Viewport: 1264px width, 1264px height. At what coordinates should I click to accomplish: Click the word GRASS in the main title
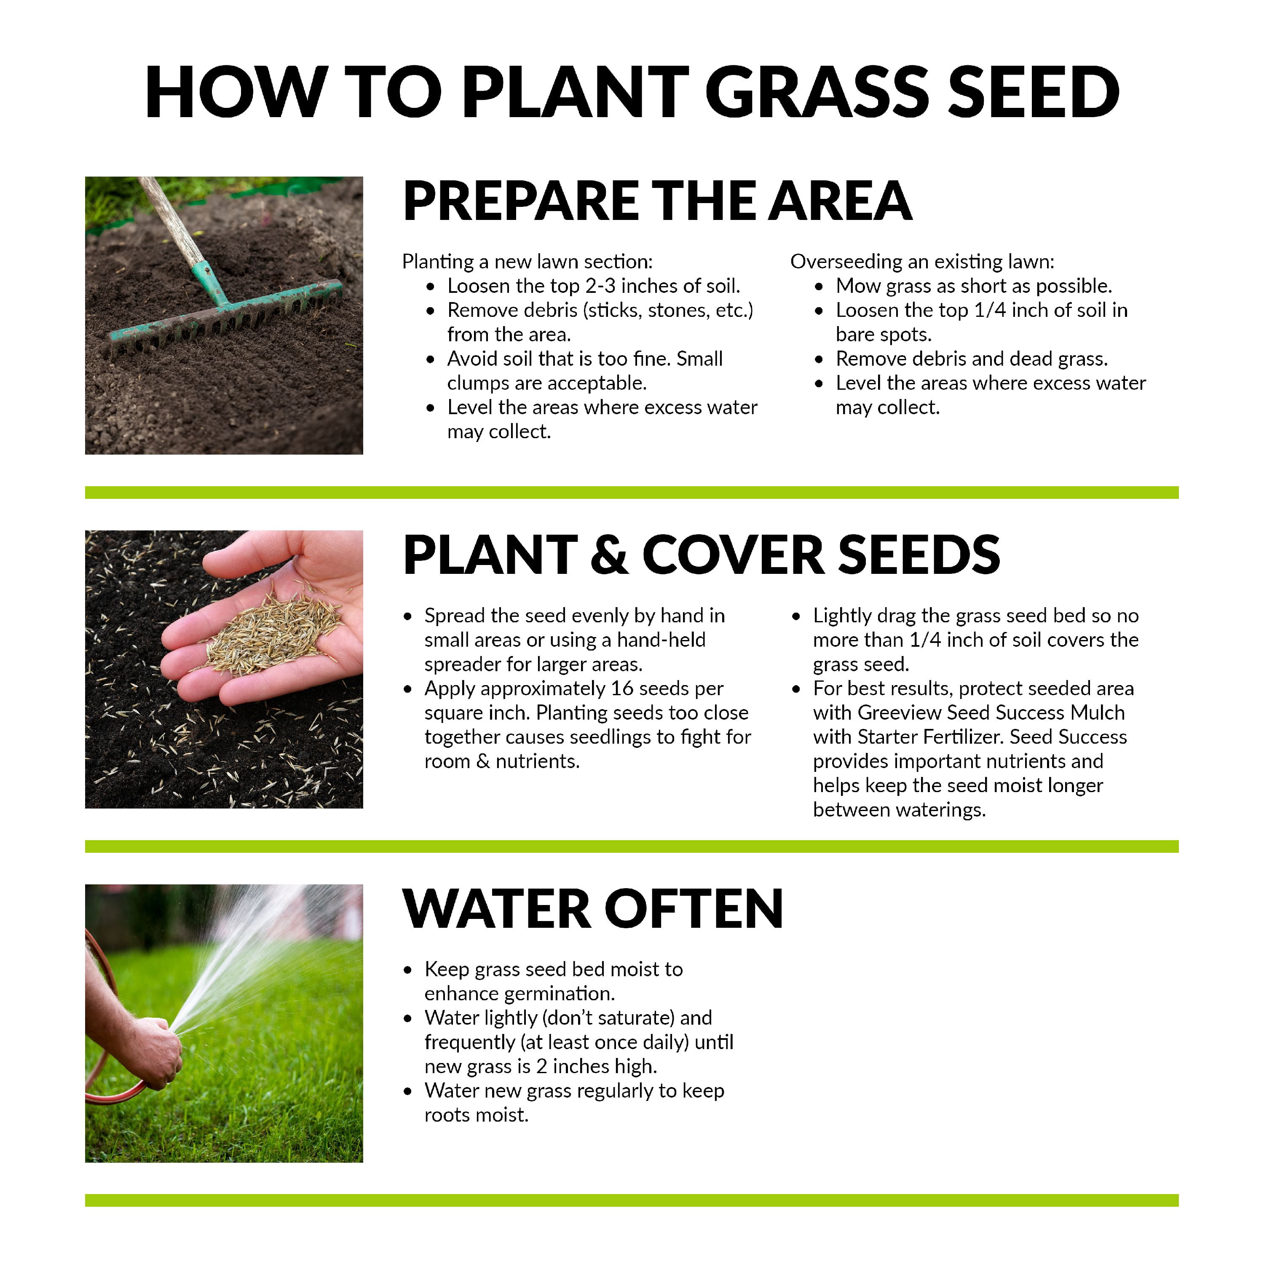click(818, 92)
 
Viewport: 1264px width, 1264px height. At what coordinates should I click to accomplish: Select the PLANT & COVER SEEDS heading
click(702, 555)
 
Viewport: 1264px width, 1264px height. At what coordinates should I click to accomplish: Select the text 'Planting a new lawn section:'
click(528, 262)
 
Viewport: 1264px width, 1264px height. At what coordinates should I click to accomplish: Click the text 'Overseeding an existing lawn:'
click(922, 262)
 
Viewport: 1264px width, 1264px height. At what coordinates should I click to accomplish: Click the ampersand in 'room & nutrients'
click(483, 761)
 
